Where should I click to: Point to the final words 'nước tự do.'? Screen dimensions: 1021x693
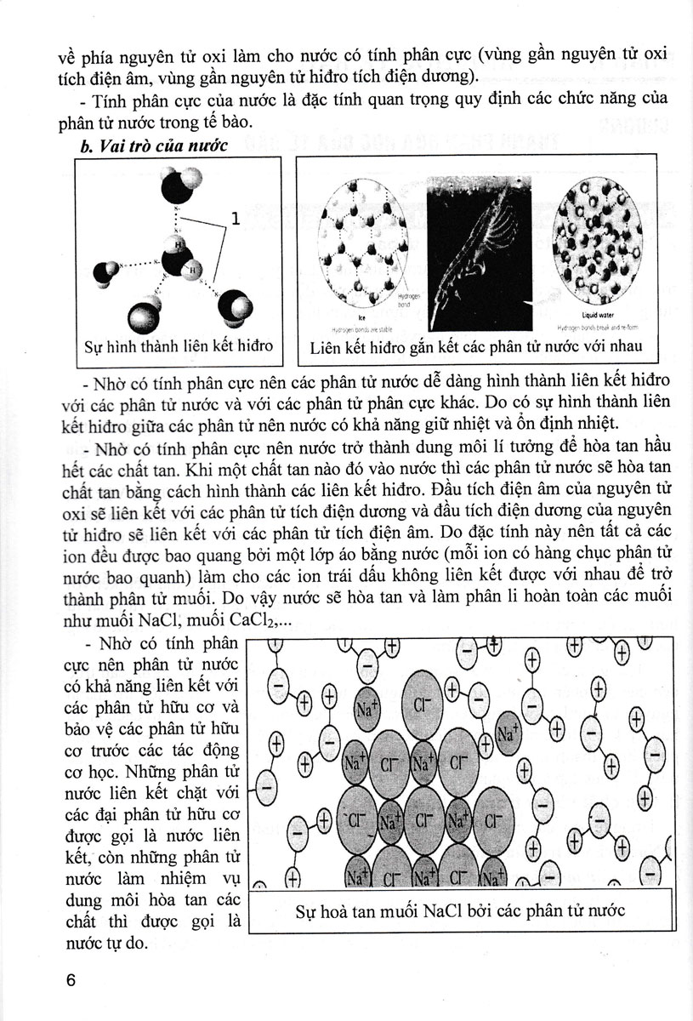pos(110,944)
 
